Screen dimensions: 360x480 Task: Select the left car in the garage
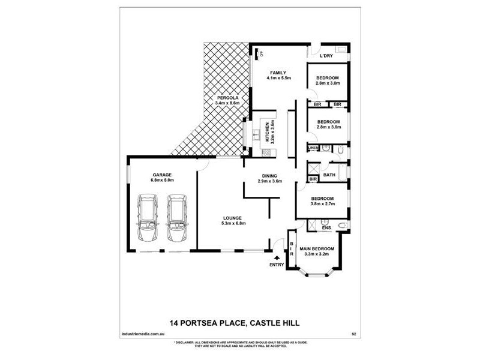pyautogui.click(x=148, y=218)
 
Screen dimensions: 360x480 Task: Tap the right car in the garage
pyautogui.click(x=176, y=218)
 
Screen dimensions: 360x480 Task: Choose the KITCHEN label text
pyautogui.click(x=266, y=133)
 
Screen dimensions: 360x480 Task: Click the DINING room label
pyautogui.click(x=269, y=175)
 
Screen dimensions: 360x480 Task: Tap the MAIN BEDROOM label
pyautogui.click(x=318, y=248)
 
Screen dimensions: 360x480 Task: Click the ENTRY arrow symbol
pyautogui.click(x=277, y=257)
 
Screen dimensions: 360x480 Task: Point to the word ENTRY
pyautogui.click(x=277, y=265)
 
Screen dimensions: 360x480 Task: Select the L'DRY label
pyautogui.click(x=326, y=56)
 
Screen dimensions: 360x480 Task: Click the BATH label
pyautogui.click(x=329, y=175)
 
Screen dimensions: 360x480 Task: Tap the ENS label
pyautogui.click(x=326, y=228)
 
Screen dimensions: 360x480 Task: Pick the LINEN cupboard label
pyautogui.click(x=313, y=148)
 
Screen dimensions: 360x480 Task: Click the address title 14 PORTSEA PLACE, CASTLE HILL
pyautogui.click(x=235, y=323)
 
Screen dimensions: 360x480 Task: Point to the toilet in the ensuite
pyautogui.click(x=341, y=225)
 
